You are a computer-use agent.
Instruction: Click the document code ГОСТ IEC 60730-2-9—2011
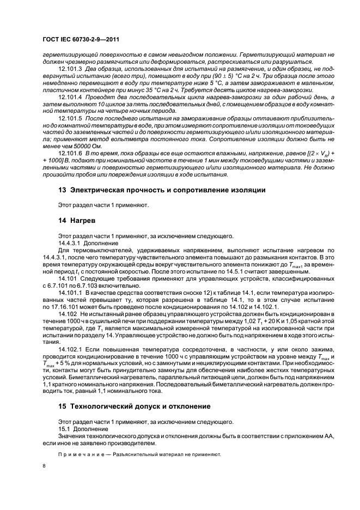pyautogui.click(x=81, y=40)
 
